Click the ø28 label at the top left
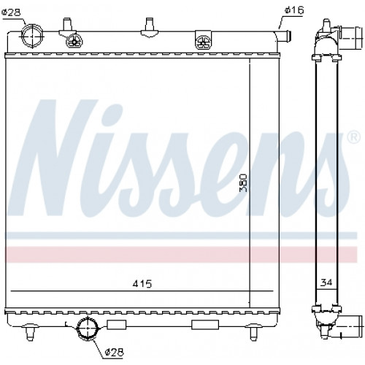coord(11,12)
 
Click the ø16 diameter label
coord(294,10)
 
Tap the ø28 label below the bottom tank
coord(115,352)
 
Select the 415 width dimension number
coord(142,283)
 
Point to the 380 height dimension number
coord(243,182)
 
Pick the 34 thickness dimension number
coord(326,283)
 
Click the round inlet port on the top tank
coord(31,36)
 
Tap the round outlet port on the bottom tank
coord(88,328)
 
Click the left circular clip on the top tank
coord(74,40)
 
